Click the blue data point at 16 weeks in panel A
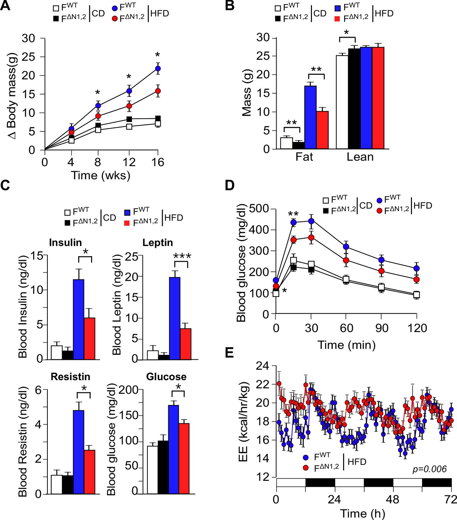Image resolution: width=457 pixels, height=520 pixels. (x=158, y=69)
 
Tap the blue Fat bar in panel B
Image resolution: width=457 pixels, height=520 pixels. (x=311, y=117)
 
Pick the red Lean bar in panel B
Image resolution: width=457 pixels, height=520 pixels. (x=378, y=98)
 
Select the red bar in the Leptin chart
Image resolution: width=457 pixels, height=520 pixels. (x=186, y=344)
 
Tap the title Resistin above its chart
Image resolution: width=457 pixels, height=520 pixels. (x=71, y=376)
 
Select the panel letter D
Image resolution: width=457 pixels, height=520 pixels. (x=230, y=185)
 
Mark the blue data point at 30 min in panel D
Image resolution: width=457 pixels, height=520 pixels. (x=311, y=221)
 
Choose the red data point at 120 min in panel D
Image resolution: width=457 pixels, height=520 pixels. (x=416, y=279)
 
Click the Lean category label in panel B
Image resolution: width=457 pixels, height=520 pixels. (x=360, y=157)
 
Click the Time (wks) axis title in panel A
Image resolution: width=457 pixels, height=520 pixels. (x=101, y=175)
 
